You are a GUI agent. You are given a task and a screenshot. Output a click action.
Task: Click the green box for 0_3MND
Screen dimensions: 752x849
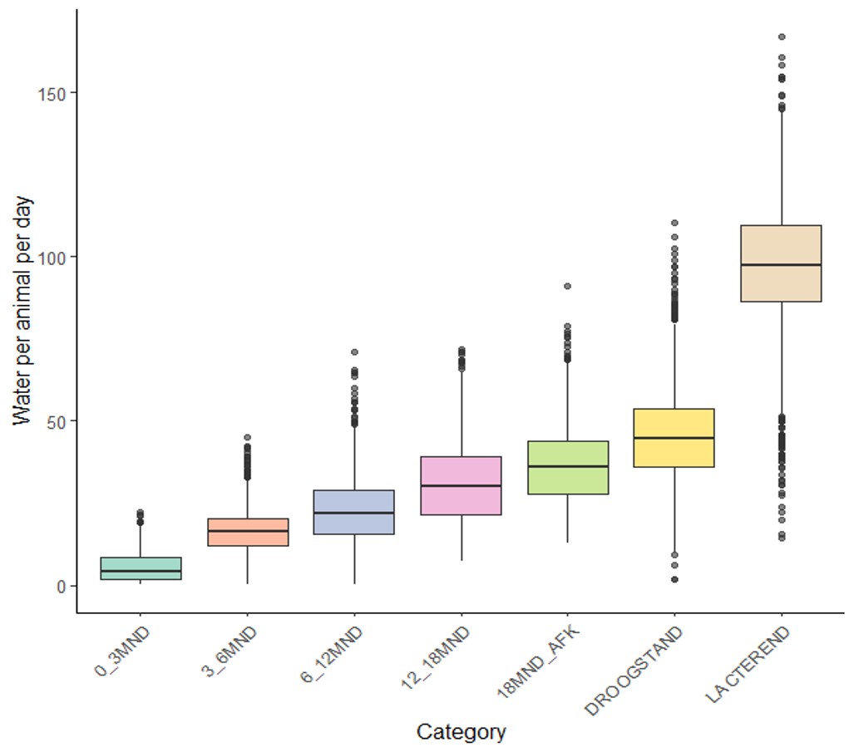[141, 568]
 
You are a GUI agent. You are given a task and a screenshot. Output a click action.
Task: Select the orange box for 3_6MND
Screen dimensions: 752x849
[248, 532]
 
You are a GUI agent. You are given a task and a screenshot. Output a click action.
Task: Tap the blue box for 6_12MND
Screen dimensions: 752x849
[354, 512]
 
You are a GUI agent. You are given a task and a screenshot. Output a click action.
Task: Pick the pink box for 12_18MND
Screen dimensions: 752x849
[462, 486]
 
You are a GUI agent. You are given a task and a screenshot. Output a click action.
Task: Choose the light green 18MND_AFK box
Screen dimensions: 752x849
[568, 468]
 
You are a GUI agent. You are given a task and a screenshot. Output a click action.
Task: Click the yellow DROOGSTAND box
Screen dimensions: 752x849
[674, 438]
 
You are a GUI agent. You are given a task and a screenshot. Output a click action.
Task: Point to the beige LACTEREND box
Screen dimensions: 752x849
[782, 263]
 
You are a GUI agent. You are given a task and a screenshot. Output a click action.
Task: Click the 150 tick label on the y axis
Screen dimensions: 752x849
[55, 92]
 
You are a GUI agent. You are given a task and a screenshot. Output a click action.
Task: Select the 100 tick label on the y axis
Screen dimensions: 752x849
[55, 257]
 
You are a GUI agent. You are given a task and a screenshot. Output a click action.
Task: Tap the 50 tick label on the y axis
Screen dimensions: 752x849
[59, 420]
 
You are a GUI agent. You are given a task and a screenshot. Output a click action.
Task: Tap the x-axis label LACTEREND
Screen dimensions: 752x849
[748, 665]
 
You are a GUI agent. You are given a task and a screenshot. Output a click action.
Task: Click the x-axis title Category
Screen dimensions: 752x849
[461, 732]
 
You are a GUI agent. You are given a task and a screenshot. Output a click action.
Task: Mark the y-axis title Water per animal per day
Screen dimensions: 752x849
[22, 311]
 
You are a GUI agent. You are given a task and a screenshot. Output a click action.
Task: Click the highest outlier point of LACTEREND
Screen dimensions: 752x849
[782, 37]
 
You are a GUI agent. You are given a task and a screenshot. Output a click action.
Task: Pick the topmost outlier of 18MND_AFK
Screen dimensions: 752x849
[568, 286]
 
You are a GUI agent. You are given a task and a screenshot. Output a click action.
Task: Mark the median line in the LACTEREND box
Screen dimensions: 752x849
[782, 264]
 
